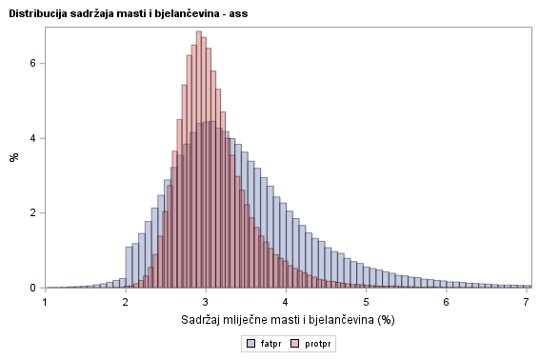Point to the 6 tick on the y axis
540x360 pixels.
(32, 63)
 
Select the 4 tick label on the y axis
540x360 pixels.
(32, 138)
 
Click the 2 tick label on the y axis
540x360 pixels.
(32, 212)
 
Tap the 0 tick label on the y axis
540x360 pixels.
(32, 288)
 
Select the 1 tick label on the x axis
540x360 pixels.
(45, 302)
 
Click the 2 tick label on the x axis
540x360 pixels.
(126, 302)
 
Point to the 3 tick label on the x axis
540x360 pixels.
(206, 302)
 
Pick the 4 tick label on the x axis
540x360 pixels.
(286, 302)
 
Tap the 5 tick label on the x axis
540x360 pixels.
(367, 302)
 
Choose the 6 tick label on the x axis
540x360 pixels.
(447, 302)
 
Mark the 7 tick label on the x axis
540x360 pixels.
(527, 302)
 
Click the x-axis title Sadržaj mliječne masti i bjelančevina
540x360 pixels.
(286, 319)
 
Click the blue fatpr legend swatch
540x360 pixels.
(250, 343)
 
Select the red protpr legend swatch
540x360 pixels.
(295, 343)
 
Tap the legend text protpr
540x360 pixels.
(317, 343)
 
